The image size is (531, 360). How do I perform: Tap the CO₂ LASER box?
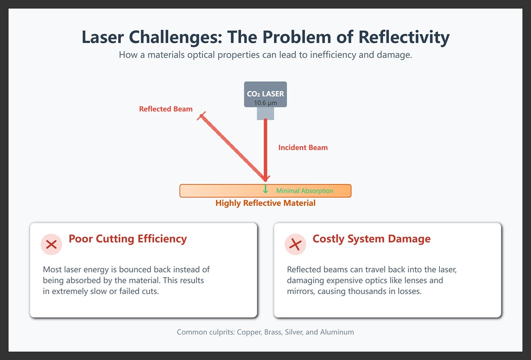(x=265, y=94)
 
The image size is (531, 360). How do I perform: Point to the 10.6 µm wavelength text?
(x=265, y=103)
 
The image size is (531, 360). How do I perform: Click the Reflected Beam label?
(x=165, y=109)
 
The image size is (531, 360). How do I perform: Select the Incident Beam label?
(x=303, y=147)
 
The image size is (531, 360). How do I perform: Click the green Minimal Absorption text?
(x=304, y=191)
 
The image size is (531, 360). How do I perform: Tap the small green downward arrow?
(x=265, y=189)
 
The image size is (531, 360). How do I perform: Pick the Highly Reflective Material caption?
(x=265, y=203)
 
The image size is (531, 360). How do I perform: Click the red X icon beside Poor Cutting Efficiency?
(x=51, y=244)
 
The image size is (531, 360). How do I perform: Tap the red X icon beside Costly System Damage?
(x=295, y=244)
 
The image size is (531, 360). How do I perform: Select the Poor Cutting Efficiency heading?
(x=127, y=239)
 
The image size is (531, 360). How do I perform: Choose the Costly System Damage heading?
(x=371, y=239)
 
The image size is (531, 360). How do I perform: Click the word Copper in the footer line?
(x=249, y=332)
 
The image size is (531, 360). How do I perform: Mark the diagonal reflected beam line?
(x=232, y=148)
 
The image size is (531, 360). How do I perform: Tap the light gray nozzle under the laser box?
(x=265, y=113)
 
